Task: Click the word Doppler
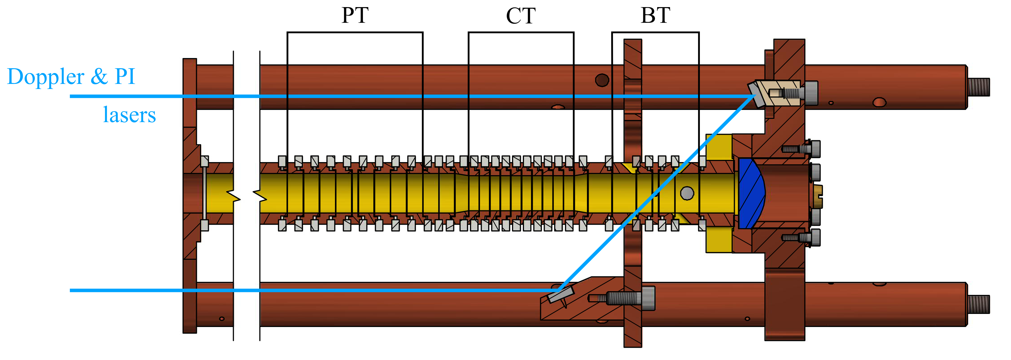[x=45, y=76]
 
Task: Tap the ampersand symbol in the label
[x=99, y=76]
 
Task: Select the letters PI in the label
[x=125, y=76]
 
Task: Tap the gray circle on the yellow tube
[x=687, y=193]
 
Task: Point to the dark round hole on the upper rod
[x=602, y=80]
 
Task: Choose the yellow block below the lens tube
[x=719, y=239]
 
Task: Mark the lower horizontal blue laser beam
[x=314, y=291]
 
